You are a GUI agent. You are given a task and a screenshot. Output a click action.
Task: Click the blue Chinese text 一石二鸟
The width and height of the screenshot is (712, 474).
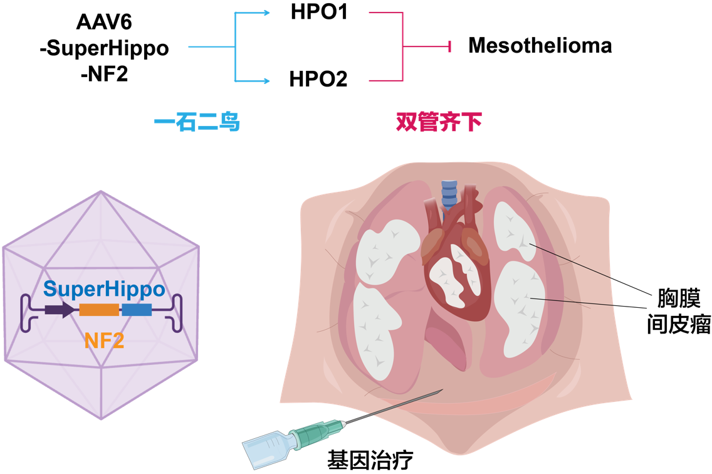(197, 122)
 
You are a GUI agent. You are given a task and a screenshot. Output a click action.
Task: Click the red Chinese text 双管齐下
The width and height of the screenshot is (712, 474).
(439, 122)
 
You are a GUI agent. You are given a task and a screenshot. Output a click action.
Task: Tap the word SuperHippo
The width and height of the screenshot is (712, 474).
(104, 290)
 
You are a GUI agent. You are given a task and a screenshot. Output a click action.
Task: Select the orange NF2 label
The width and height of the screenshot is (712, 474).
(104, 341)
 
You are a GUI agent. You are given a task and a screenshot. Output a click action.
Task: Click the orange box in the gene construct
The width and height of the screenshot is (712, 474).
(99, 310)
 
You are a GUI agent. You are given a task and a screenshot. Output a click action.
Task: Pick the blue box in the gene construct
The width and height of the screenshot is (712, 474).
(137, 310)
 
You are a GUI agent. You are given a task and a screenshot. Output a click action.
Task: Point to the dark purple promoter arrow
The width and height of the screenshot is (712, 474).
(60, 310)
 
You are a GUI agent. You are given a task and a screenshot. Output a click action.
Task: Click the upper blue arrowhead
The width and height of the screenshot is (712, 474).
(267, 13)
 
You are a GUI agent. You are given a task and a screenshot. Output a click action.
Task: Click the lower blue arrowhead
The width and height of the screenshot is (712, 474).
(267, 81)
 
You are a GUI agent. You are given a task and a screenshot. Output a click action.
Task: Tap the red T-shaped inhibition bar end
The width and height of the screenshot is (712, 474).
(449, 46)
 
